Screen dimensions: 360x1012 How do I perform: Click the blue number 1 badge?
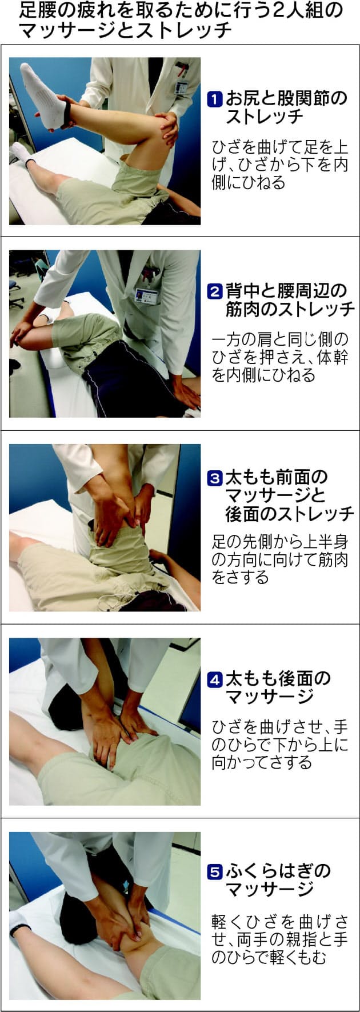click(x=214, y=99)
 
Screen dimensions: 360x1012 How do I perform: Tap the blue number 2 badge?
click(x=214, y=291)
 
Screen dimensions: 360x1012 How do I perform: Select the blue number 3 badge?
click(x=214, y=478)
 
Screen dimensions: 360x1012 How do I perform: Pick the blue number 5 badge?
click(x=214, y=871)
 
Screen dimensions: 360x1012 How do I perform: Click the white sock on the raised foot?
click(x=47, y=94)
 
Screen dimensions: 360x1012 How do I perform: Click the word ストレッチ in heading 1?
click(x=265, y=117)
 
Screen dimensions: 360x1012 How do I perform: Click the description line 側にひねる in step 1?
click(x=248, y=183)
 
